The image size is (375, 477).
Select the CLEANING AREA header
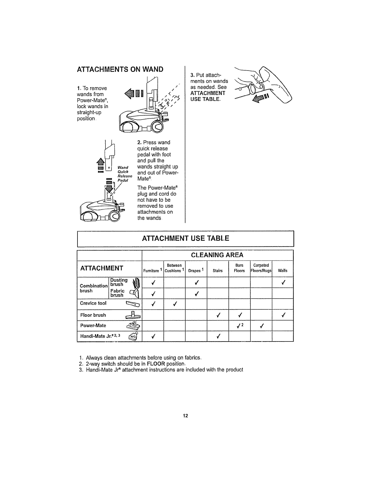coord(217,255)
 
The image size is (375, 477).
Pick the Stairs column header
coord(217,270)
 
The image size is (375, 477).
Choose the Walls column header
coord(282,270)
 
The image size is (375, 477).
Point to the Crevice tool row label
coord(93,303)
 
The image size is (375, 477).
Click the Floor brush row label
coord(93,315)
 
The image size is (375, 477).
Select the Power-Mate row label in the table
coord(93,326)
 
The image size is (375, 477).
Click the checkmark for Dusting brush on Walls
coord(283,282)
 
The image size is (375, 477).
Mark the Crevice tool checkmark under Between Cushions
coord(174,304)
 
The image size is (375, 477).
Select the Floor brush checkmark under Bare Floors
coord(240,315)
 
